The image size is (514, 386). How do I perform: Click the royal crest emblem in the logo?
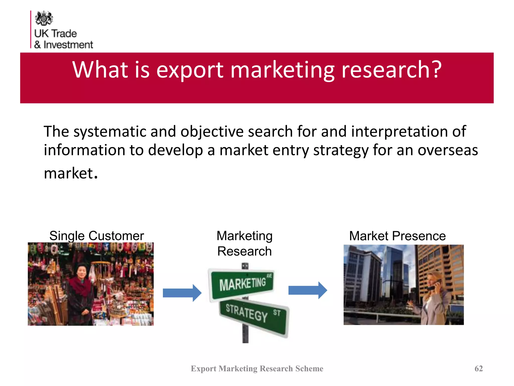pos(44,18)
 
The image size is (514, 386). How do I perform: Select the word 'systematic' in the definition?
pos(109,132)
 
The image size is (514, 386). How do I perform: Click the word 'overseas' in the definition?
pos(448,150)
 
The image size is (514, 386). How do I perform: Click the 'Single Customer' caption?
pos(97,236)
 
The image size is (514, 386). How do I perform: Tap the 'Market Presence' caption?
pos(397,236)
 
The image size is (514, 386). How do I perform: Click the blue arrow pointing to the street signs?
pos(182,293)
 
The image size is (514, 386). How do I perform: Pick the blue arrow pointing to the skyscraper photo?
pos(307,290)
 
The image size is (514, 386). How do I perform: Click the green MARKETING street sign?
pos(242,284)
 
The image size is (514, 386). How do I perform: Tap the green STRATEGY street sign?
pos(253,314)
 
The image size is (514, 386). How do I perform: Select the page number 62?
pos(479,368)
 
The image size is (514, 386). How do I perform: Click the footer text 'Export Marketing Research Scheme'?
pos(257,368)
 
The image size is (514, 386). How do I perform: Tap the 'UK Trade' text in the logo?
pos(55,33)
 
